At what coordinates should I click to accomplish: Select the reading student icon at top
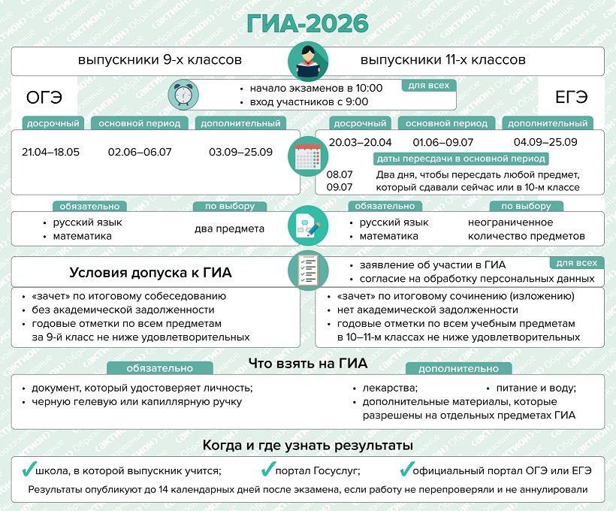(307, 60)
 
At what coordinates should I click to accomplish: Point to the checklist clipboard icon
(307, 270)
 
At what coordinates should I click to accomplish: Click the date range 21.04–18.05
(50, 153)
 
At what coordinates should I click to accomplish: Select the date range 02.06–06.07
(140, 153)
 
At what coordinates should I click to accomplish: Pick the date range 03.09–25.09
(240, 153)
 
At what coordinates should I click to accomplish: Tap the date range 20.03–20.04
(360, 142)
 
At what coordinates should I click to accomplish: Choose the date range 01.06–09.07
(443, 142)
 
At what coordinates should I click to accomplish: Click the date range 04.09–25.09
(545, 142)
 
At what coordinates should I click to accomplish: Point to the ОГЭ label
(44, 98)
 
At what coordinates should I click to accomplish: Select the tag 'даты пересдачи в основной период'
(460, 159)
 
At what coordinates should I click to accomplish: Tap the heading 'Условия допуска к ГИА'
(150, 273)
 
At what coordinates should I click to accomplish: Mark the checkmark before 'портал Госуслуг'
(267, 470)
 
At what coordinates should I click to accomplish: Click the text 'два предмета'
(229, 229)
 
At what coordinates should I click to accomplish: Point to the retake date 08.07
(340, 174)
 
